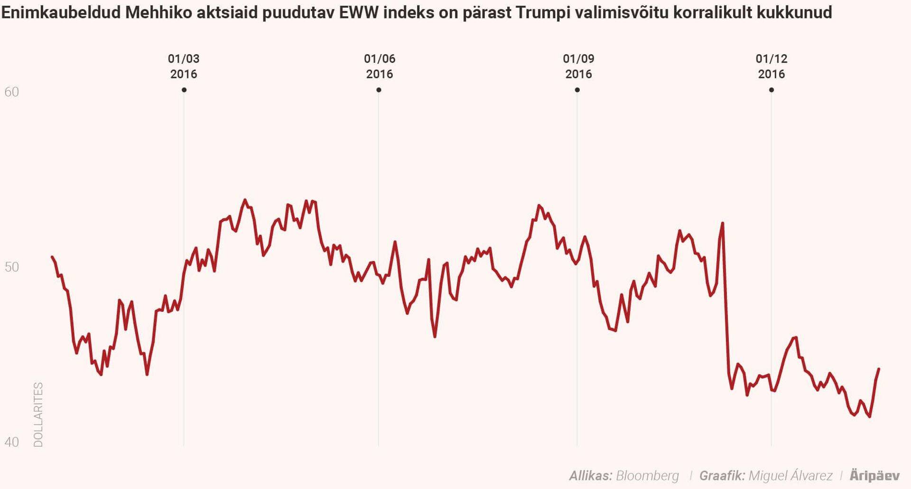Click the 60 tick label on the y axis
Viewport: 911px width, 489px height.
tap(12, 92)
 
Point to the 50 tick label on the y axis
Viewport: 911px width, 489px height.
tap(12, 267)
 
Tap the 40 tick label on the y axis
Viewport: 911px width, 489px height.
tap(12, 442)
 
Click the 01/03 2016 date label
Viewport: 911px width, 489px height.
tap(184, 66)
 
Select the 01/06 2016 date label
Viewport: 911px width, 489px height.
tap(380, 66)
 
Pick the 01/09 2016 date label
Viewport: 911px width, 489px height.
tap(578, 66)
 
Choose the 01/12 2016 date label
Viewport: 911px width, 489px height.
tap(772, 66)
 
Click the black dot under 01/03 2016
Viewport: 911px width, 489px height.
tap(184, 90)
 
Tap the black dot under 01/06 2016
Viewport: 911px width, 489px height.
tap(379, 90)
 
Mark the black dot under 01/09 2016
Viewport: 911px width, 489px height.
tap(577, 90)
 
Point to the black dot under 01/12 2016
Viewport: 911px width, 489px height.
tap(772, 90)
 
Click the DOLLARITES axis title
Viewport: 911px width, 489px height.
tap(38, 414)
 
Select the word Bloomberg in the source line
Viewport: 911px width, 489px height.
tap(647, 476)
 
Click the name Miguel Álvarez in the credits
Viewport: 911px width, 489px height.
tap(790, 476)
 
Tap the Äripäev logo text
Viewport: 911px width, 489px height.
tap(874, 476)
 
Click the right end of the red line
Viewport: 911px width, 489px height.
tap(879, 369)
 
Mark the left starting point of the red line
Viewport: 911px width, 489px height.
tap(52, 257)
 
